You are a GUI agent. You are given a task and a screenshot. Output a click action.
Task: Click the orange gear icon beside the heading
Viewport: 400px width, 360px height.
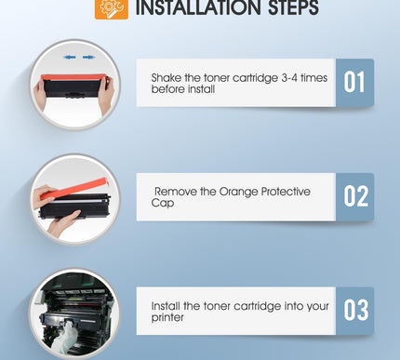tap(112, 8)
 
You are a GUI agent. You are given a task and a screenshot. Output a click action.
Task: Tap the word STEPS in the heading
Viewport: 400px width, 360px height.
tap(293, 7)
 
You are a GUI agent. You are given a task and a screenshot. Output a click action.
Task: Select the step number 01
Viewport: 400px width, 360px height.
tap(354, 82)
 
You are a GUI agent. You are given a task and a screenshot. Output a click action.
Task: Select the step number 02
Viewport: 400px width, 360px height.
tap(356, 196)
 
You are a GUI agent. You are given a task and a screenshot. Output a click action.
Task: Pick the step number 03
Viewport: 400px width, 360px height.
tap(356, 310)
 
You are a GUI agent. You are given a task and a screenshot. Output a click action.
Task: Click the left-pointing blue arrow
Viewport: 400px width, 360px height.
tap(70, 58)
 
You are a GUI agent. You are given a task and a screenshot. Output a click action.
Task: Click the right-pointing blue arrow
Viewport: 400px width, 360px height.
tap(88, 58)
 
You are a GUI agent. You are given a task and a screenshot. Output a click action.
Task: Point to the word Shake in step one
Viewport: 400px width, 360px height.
tap(167, 77)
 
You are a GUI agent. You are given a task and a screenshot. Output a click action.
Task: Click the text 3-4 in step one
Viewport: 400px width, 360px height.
tap(289, 78)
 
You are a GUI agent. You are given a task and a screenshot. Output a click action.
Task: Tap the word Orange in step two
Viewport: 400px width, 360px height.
tap(238, 193)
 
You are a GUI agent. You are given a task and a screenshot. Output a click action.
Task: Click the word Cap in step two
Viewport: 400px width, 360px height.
tap(163, 204)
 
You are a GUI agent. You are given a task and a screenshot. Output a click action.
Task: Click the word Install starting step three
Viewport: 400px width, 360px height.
tap(166, 306)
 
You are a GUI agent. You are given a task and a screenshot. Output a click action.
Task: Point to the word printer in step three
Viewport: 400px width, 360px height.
tap(167, 318)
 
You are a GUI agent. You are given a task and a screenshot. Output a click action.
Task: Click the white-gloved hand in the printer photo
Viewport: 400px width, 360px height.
tap(64, 337)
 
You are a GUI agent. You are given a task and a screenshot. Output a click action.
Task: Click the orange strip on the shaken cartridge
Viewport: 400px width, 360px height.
tap(73, 77)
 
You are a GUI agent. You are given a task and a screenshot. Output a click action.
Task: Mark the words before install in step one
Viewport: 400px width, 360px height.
tap(183, 89)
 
